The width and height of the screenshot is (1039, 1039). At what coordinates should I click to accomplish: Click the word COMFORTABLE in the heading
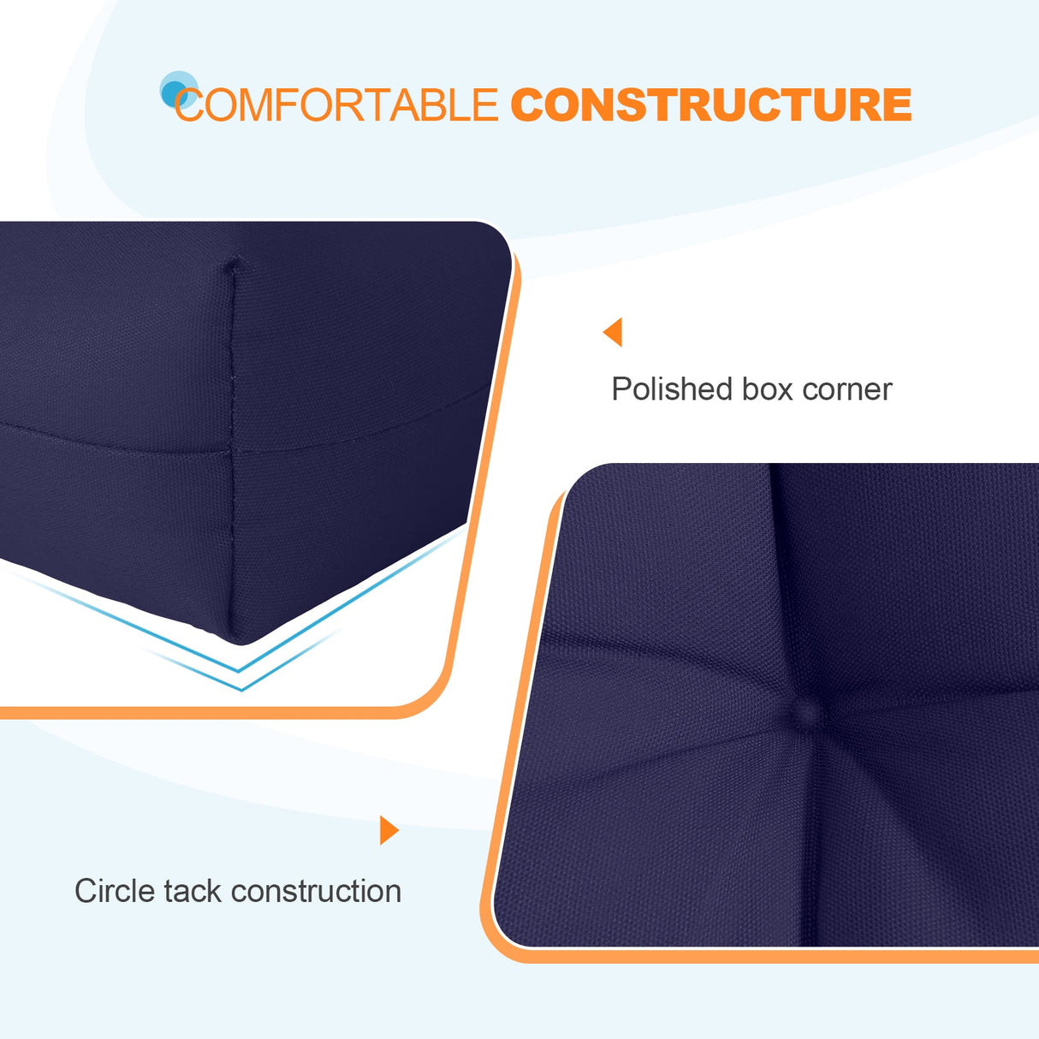point(336,105)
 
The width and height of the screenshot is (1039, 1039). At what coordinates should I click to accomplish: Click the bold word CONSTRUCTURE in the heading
point(710,105)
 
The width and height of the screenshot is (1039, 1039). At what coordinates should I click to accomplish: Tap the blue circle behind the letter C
point(176,89)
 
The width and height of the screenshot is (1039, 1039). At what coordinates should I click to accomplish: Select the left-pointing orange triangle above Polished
point(613,332)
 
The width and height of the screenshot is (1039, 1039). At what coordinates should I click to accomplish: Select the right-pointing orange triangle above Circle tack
point(389,830)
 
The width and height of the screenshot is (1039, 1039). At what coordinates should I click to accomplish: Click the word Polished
point(671,389)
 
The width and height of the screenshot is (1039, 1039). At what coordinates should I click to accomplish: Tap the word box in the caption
point(767,389)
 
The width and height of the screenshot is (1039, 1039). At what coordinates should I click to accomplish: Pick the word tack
point(193,891)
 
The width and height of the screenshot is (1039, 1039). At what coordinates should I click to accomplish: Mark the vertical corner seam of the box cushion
point(233,445)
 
